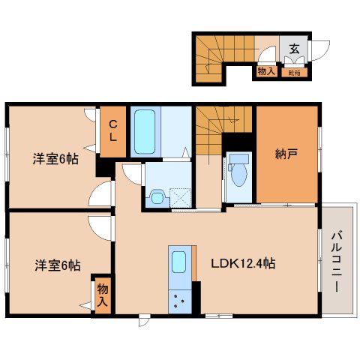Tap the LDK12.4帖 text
pos(242,263)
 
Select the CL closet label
pos(113,132)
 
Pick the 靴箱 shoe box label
pos(294,72)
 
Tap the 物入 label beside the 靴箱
pos(266,71)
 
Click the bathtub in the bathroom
pos(143,131)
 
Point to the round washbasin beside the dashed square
pos(156,196)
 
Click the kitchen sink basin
pos(180,262)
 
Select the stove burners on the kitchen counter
pos(180,302)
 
